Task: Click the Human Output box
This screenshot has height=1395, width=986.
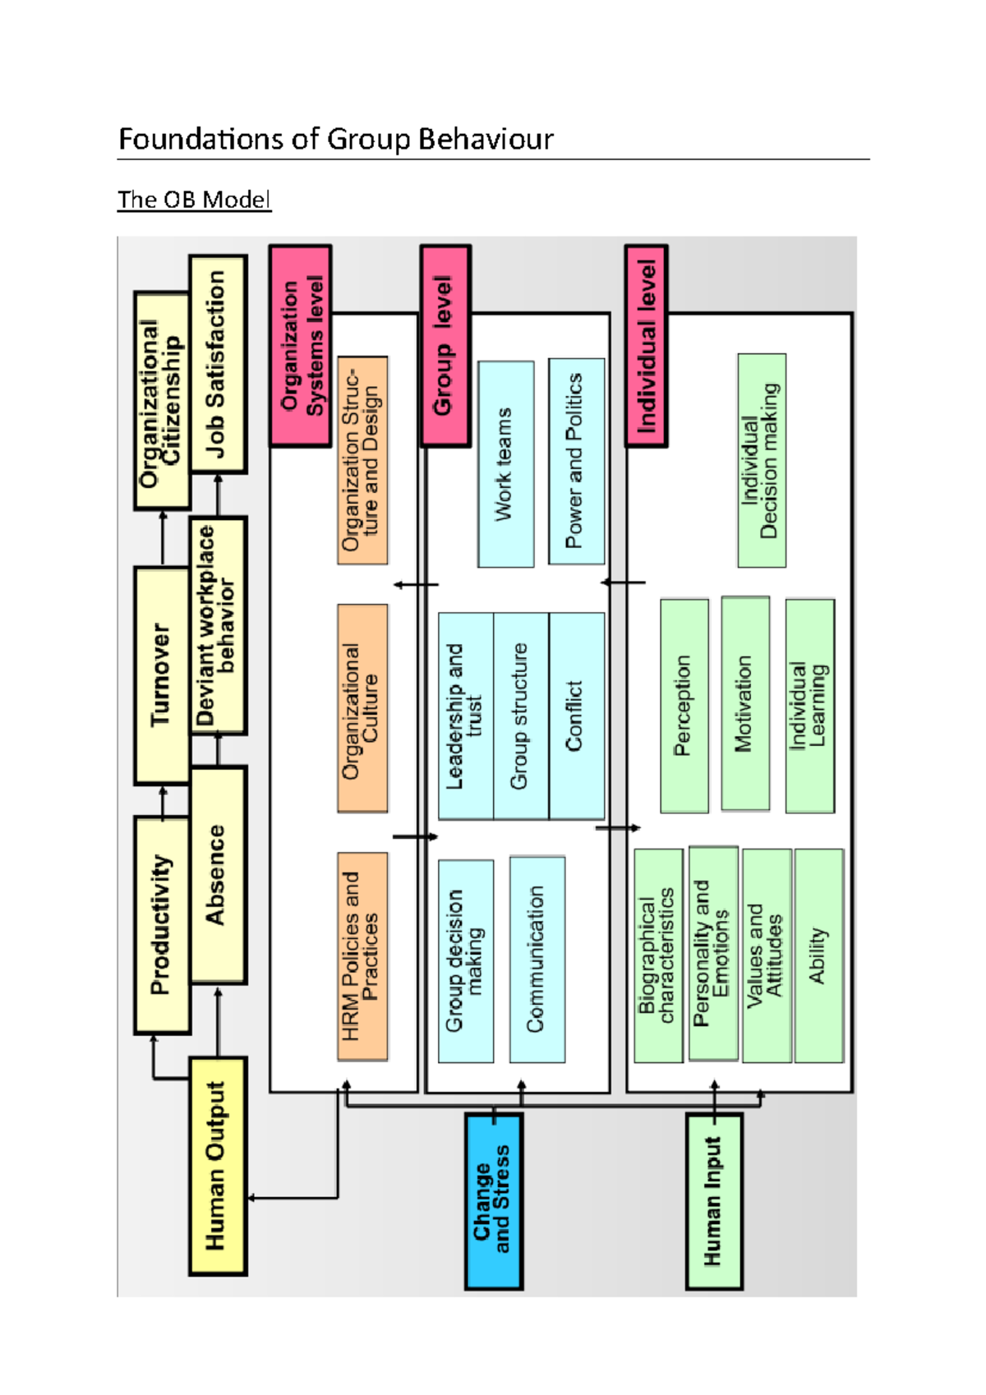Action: click(218, 1165)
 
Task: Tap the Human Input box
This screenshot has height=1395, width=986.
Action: click(713, 1200)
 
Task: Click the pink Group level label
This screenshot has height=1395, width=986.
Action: click(445, 346)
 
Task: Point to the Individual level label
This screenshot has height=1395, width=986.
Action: click(646, 346)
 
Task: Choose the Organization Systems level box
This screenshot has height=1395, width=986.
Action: click(301, 346)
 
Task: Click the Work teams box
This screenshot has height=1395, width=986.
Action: click(505, 464)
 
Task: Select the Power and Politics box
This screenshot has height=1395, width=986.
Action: click(576, 461)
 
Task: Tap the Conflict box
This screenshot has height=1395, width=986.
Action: click(576, 716)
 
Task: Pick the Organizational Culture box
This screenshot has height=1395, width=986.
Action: click(362, 708)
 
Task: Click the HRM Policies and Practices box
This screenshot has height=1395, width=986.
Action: click(362, 955)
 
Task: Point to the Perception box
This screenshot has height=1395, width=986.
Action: click(684, 706)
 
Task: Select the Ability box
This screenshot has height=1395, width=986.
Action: click(818, 955)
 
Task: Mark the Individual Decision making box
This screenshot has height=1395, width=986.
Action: click(761, 461)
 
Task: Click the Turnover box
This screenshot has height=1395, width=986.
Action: click(162, 674)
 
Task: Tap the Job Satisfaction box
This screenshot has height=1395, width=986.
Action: click(218, 364)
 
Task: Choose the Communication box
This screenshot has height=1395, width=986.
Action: click(537, 959)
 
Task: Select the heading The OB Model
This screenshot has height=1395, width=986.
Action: click(194, 200)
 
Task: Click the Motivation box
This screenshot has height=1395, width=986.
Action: click(744, 703)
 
